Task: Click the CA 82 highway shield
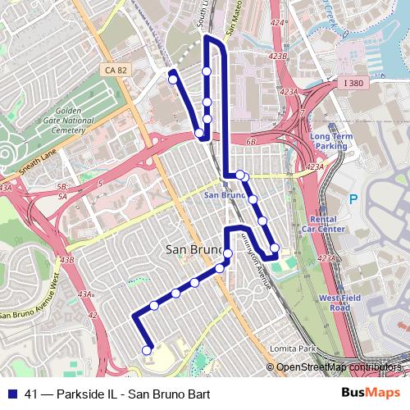(116, 71)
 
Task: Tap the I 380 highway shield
(353, 83)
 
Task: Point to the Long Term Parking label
(330, 141)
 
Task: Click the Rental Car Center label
(330, 224)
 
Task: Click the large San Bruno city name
(195, 249)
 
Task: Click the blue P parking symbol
(354, 198)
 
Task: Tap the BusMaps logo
(366, 394)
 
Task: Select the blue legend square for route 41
(11, 394)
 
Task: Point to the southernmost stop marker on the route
(148, 350)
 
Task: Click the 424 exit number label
(280, 24)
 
